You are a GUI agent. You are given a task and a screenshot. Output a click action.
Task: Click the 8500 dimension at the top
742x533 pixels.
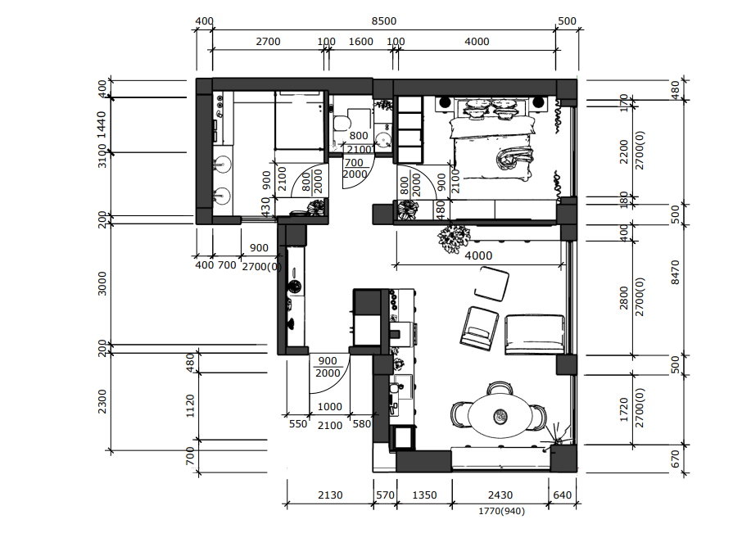pyautogui.click(x=384, y=21)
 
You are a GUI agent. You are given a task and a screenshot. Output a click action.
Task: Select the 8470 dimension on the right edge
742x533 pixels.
pyautogui.click(x=676, y=273)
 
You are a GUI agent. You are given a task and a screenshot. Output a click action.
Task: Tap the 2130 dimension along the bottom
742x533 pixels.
pyautogui.click(x=330, y=495)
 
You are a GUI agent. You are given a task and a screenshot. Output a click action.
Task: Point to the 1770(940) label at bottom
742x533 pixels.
pyautogui.click(x=501, y=511)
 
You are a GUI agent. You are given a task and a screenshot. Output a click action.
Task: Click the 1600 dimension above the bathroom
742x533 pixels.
pyautogui.click(x=360, y=42)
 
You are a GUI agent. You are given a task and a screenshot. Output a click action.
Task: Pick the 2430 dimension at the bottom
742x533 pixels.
pyautogui.click(x=500, y=495)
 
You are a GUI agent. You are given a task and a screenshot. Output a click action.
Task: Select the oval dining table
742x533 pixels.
pyautogui.click(x=500, y=416)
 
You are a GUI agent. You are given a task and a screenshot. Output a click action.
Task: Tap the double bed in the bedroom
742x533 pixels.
pyautogui.click(x=491, y=142)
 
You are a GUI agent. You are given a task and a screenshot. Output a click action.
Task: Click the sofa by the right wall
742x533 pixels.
pyautogui.click(x=535, y=334)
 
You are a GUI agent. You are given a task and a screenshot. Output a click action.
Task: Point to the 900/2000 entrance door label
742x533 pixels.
pyautogui.click(x=328, y=367)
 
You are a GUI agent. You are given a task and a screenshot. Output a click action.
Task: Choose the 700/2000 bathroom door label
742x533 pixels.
pyautogui.click(x=355, y=169)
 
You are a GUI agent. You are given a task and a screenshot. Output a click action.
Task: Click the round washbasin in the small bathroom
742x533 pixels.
pyautogui.click(x=383, y=141)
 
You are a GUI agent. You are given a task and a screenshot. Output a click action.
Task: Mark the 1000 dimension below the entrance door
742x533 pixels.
pyautogui.click(x=329, y=407)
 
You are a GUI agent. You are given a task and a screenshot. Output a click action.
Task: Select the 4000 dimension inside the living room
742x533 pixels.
pyautogui.click(x=478, y=256)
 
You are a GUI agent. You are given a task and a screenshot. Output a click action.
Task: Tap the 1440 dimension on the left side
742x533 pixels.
pyautogui.click(x=102, y=124)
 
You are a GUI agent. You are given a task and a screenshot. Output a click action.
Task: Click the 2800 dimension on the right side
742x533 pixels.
pyautogui.click(x=624, y=297)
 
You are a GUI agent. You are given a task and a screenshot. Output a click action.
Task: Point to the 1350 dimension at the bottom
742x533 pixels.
pyautogui.click(x=424, y=495)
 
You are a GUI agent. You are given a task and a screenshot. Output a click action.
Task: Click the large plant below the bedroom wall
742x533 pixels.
pyautogui.click(x=454, y=239)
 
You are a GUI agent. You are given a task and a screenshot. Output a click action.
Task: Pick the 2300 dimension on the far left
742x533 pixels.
pyautogui.click(x=102, y=401)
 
